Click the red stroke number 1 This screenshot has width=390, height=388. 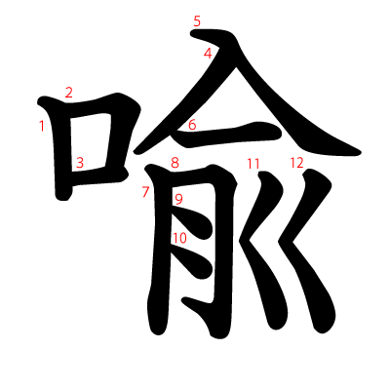[x=42, y=125]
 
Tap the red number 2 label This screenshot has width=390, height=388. [x=69, y=93]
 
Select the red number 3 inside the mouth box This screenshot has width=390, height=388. [x=80, y=163]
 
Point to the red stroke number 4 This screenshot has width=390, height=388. [x=208, y=54]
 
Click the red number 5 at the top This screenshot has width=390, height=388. [x=197, y=20]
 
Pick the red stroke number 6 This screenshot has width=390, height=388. [x=192, y=125]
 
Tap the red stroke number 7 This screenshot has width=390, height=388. [x=145, y=192]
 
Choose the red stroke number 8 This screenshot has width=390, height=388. [x=175, y=163]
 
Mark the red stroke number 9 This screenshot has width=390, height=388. [x=179, y=200]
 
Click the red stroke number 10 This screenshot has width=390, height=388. [x=179, y=237]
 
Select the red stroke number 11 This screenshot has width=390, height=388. [x=253, y=163]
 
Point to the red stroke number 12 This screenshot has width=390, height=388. [x=296, y=162]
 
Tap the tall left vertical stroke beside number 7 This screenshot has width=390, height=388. [x=156, y=263]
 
